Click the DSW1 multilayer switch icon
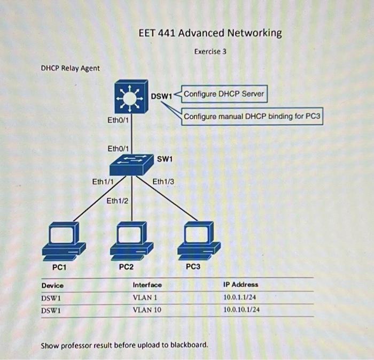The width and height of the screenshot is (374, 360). tap(130, 97)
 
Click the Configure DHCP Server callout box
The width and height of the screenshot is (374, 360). tap(223, 94)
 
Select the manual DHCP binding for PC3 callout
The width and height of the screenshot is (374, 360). tap(253, 116)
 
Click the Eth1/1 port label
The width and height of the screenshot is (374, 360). tap(103, 182)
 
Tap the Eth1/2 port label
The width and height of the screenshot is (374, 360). tap(117, 201)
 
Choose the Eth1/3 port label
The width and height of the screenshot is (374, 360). tap(163, 182)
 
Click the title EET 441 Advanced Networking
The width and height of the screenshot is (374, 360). tap(210, 33)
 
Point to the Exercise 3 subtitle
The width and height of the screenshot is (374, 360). tap(210, 52)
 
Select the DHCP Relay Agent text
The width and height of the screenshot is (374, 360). tap(70, 68)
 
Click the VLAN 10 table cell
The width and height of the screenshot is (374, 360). tap(146, 309)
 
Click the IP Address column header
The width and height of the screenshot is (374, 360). tap(241, 285)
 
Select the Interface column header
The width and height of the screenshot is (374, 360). tap(147, 285)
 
